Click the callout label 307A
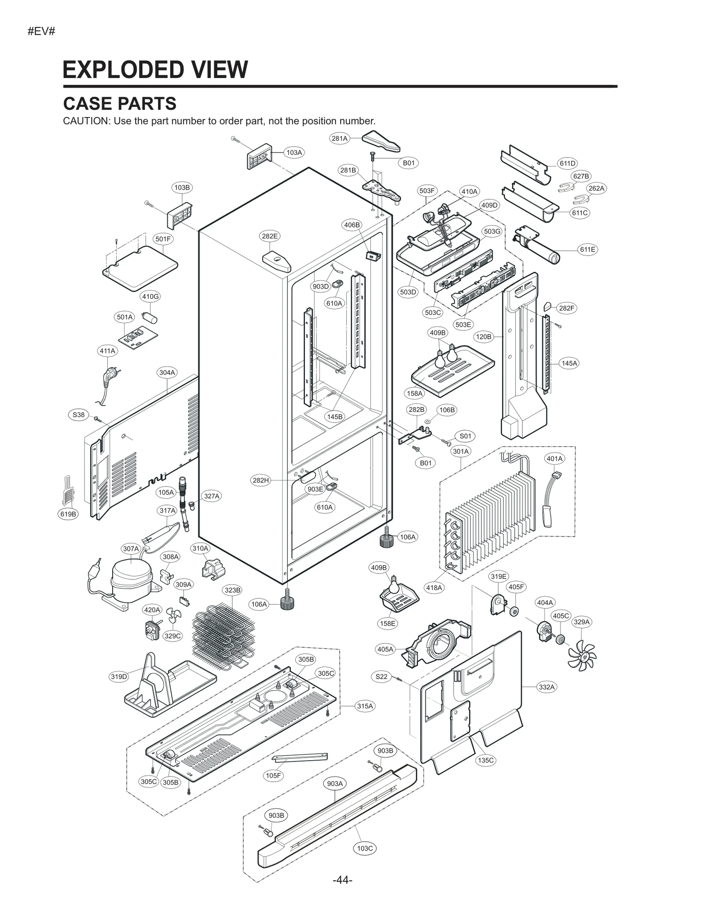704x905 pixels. click(131, 549)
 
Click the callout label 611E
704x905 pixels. click(587, 249)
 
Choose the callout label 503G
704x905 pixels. click(492, 231)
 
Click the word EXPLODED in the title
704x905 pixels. click(116, 70)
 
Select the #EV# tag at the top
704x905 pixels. click(41, 32)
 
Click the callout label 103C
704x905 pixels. click(365, 848)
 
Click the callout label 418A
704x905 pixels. click(434, 587)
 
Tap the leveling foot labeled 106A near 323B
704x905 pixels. click(287, 601)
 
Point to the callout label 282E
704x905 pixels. click(270, 236)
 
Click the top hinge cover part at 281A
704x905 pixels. click(381, 140)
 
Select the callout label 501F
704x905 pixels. click(163, 239)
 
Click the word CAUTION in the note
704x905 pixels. click(86, 121)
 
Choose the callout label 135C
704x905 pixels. click(486, 760)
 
